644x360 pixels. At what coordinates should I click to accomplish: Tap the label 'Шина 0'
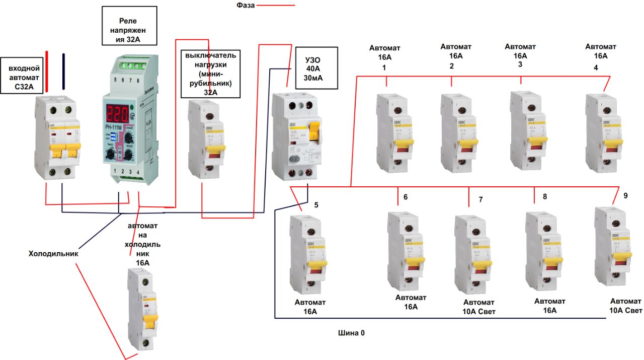coord(351,333)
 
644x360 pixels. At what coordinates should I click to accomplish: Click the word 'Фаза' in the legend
coord(247,6)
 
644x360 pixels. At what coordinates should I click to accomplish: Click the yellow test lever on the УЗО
coord(314,132)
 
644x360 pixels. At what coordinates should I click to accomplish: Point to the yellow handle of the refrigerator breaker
coord(149,320)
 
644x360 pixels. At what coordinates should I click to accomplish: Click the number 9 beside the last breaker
coord(625,196)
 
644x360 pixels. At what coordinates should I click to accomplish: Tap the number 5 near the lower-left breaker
coord(316,205)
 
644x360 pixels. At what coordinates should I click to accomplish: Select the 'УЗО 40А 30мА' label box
coord(316,67)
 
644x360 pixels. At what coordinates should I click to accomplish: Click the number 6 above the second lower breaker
coord(406,196)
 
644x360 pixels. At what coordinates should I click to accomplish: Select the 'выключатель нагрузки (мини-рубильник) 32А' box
coord(210,73)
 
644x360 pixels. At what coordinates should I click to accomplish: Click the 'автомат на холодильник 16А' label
coord(143,245)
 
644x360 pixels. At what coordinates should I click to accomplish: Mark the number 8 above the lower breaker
coord(544,196)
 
